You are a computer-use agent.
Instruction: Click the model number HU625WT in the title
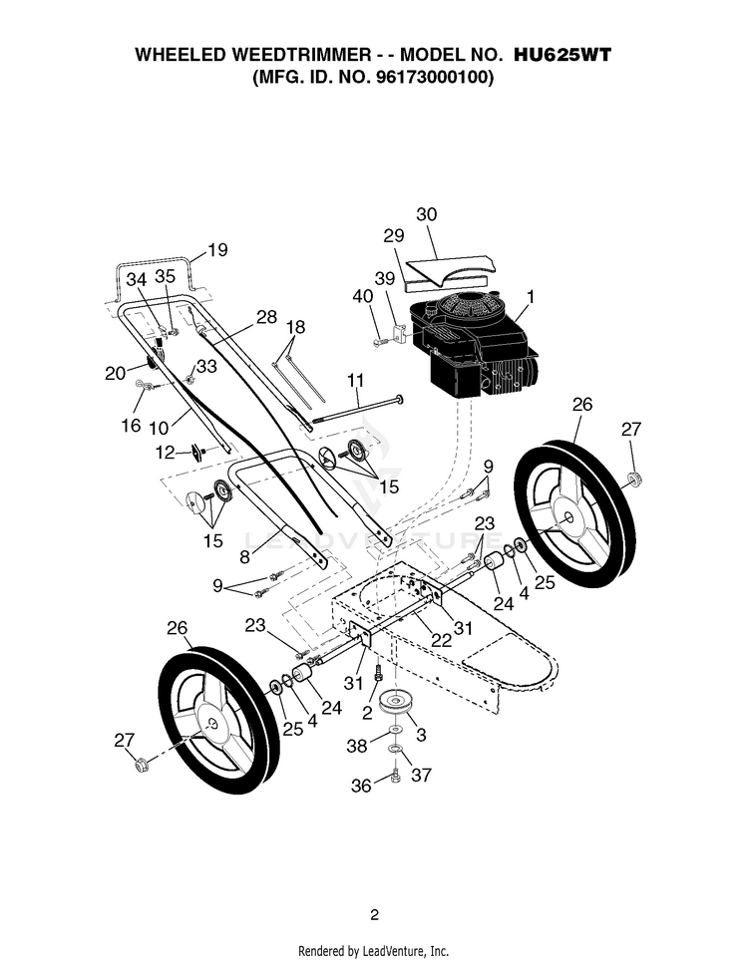click(x=561, y=55)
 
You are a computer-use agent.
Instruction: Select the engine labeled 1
click(x=475, y=347)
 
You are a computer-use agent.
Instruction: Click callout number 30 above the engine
click(x=426, y=214)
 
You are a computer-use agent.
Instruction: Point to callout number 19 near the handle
click(x=217, y=250)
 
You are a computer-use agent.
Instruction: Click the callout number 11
click(x=355, y=380)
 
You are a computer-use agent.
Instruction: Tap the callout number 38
click(x=357, y=746)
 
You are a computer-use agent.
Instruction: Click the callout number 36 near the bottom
click(x=360, y=786)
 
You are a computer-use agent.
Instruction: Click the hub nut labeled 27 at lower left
click(x=140, y=765)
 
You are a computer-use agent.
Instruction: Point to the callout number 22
click(x=441, y=640)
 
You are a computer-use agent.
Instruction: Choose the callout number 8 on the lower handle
click(x=244, y=556)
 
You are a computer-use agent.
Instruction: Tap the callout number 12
click(x=165, y=453)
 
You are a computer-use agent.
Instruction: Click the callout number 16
click(x=130, y=426)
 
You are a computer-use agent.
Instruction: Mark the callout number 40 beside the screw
click(x=362, y=296)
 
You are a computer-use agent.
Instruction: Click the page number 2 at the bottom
click(x=374, y=915)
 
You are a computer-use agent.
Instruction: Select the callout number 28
click(x=266, y=317)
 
